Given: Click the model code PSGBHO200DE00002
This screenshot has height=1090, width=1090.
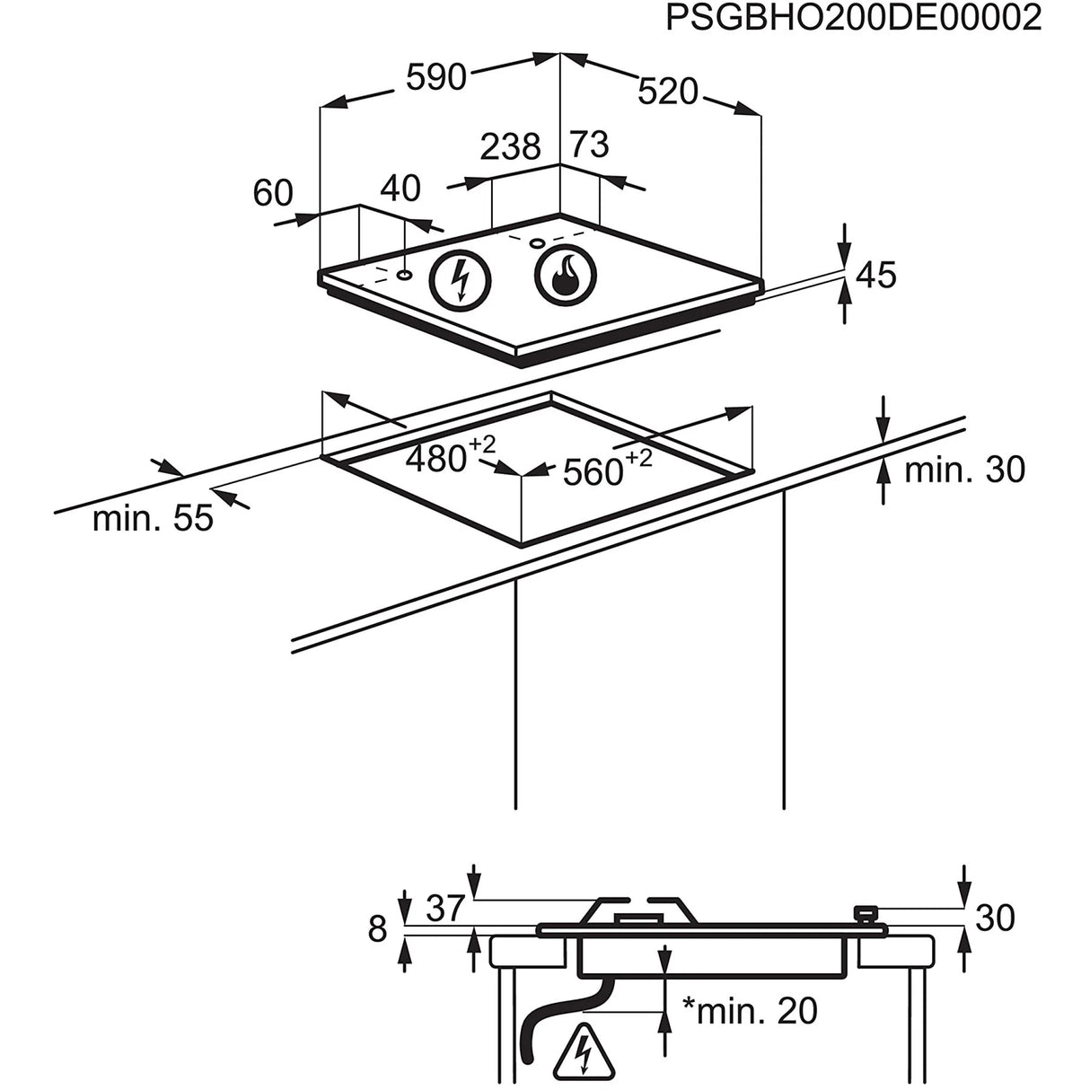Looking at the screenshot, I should tap(853, 18).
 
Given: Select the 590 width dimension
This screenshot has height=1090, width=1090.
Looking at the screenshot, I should tap(436, 77).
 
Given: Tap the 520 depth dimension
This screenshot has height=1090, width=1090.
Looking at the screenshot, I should tap(668, 91).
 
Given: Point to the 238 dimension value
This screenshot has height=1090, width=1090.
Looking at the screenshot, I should tap(511, 146).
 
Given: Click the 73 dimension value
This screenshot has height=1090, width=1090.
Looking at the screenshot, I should tap(590, 145).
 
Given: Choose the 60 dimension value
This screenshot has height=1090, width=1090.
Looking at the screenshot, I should tap(273, 192).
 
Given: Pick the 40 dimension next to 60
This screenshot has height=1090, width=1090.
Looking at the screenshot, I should tap(400, 188).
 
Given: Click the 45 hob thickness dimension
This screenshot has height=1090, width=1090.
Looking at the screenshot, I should tap(875, 275).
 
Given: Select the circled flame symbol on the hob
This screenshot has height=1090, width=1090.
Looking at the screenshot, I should tap(564, 272).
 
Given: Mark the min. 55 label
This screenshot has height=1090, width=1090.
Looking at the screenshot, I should tap(153, 518).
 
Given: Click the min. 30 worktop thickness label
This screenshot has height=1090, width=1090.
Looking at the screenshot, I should tap(963, 470).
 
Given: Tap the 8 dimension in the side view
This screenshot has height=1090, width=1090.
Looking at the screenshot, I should tap(377, 928).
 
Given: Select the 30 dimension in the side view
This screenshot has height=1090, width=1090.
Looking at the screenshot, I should tap(994, 918).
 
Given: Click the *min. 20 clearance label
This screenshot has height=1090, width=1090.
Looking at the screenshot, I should tap(749, 1011).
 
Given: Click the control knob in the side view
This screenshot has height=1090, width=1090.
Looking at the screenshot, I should tap(866, 914).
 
